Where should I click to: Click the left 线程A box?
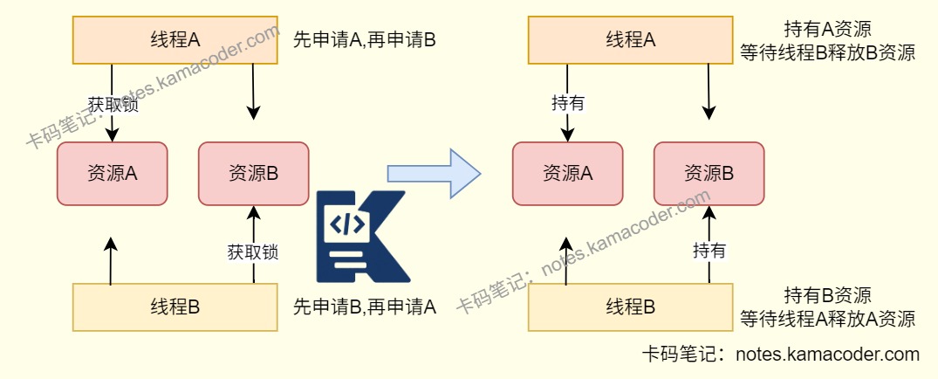175,39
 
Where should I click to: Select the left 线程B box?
175,307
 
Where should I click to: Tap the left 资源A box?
112,174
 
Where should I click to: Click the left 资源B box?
253,174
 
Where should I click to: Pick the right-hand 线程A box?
630,39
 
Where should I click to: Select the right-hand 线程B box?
630,307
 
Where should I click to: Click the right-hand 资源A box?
567,174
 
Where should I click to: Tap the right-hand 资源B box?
709,174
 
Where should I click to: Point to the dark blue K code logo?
359,236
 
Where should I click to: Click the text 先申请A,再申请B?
364,40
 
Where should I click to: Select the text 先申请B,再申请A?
364,307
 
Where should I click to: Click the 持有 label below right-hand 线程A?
568,103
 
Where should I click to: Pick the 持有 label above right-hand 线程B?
709,251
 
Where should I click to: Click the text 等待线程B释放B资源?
827,52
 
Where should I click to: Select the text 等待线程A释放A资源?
827,318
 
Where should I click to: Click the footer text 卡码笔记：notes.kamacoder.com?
780,355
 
